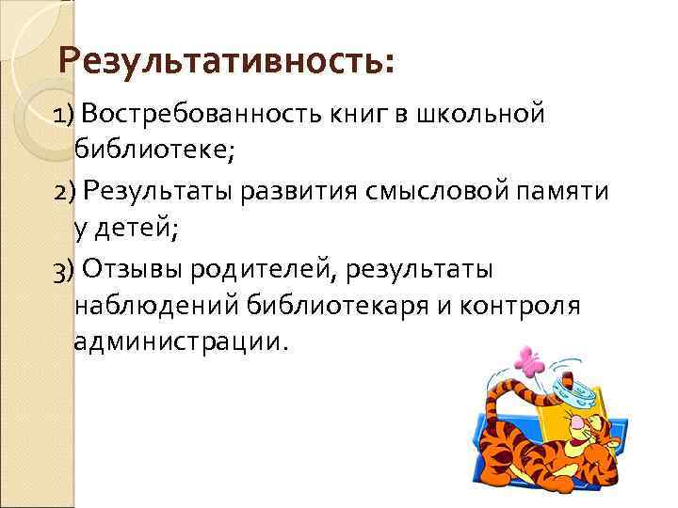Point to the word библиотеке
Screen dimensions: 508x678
[150, 148]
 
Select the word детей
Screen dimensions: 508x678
[128, 226]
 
